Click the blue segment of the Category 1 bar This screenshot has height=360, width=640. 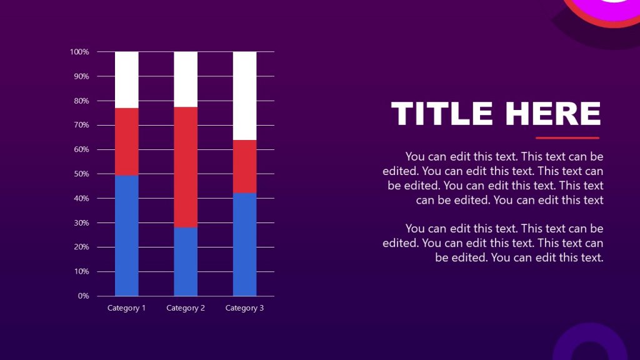(127, 235)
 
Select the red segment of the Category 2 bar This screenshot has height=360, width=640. (186, 167)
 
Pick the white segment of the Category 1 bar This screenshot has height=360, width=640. (127, 79)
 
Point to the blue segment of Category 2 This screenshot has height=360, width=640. (186, 261)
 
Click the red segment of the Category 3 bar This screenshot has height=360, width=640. (244, 166)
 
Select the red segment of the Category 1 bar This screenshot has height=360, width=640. (127, 141)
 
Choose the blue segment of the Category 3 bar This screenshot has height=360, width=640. (244, 244)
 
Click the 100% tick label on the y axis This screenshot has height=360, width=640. (80, 52)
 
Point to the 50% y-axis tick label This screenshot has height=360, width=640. (82, 174)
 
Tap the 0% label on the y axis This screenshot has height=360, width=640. (84, 296)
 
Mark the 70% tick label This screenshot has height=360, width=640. (82, 125)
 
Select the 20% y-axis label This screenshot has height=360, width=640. (82, 247)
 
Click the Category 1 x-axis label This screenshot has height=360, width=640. (127, 308)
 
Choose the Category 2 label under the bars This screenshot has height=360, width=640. (186, 308)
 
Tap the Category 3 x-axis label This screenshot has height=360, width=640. (244, 308)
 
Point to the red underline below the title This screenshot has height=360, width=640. (567, 137)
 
